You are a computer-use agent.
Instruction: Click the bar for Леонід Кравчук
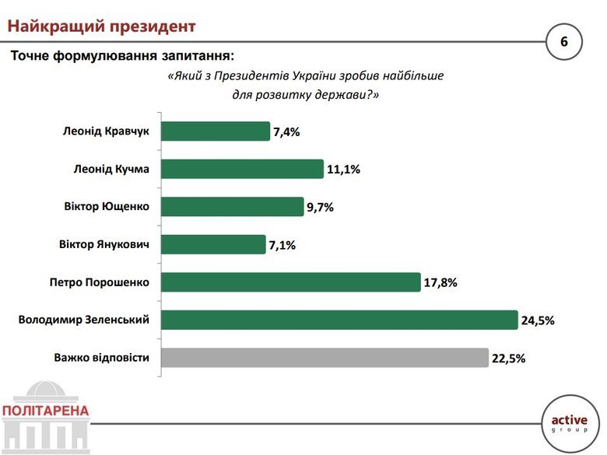[x=216, y=131]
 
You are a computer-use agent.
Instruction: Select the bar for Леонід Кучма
[x=242, y=169]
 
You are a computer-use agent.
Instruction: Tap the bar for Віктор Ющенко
[x=233, y=206]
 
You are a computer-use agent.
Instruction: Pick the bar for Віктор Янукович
[x=213, y=244]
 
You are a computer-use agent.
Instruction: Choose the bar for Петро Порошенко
[x=289, y=282]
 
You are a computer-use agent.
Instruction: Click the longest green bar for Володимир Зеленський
[x=339, y=320]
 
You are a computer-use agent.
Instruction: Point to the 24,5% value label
[x=539, y=320]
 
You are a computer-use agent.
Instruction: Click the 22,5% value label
[x=509, y=359]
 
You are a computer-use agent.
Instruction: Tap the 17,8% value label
[x=440, y=282]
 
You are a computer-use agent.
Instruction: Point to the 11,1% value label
[x=344, y=170]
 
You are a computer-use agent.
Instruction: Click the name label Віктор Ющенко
[x=107, y=206]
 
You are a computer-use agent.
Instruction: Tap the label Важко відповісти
[x=102, y=358]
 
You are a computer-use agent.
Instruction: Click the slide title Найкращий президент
[x=101, y=26]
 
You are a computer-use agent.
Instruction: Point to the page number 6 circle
[x=564, y=40]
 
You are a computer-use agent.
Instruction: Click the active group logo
[x=571, y=424]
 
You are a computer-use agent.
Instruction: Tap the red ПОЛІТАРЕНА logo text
[x=45, y=410]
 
